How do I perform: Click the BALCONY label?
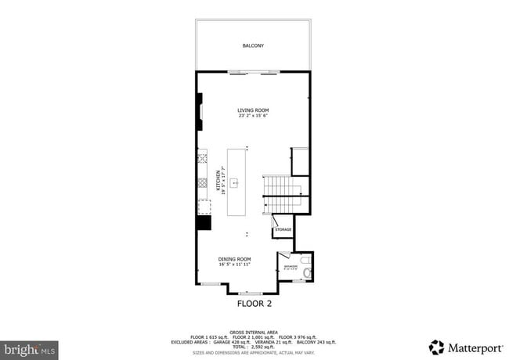tap(253, 46)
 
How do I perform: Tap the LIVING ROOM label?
tap(253, 110)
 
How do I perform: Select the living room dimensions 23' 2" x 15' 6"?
tap(253, 116)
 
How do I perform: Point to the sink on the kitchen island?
tap(233, 182)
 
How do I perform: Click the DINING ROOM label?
tap(234, 259)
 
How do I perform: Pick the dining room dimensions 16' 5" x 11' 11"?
tap(234, 265)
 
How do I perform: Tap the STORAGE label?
tap(283, 229)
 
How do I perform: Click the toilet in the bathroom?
tap(306, 272)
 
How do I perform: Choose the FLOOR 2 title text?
tap(253, 301)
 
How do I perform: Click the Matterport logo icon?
tap(436, 347)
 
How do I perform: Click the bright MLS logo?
tap(29, 348)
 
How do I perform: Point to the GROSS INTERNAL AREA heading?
tap(253, 332)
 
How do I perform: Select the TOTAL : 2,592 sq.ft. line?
tap(253, 346)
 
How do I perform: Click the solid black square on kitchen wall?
tap(204, 222)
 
